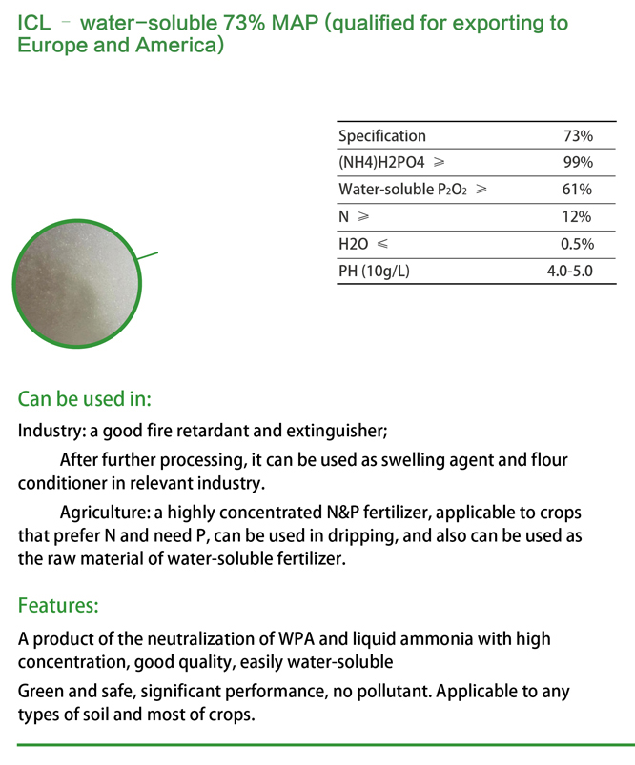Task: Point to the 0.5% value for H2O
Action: [576, 244]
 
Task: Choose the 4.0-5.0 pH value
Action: [569, 272]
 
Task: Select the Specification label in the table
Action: [382, 136]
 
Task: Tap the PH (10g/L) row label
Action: [374, 272]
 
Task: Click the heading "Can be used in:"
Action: [85, 398]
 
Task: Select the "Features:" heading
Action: [58, 605]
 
